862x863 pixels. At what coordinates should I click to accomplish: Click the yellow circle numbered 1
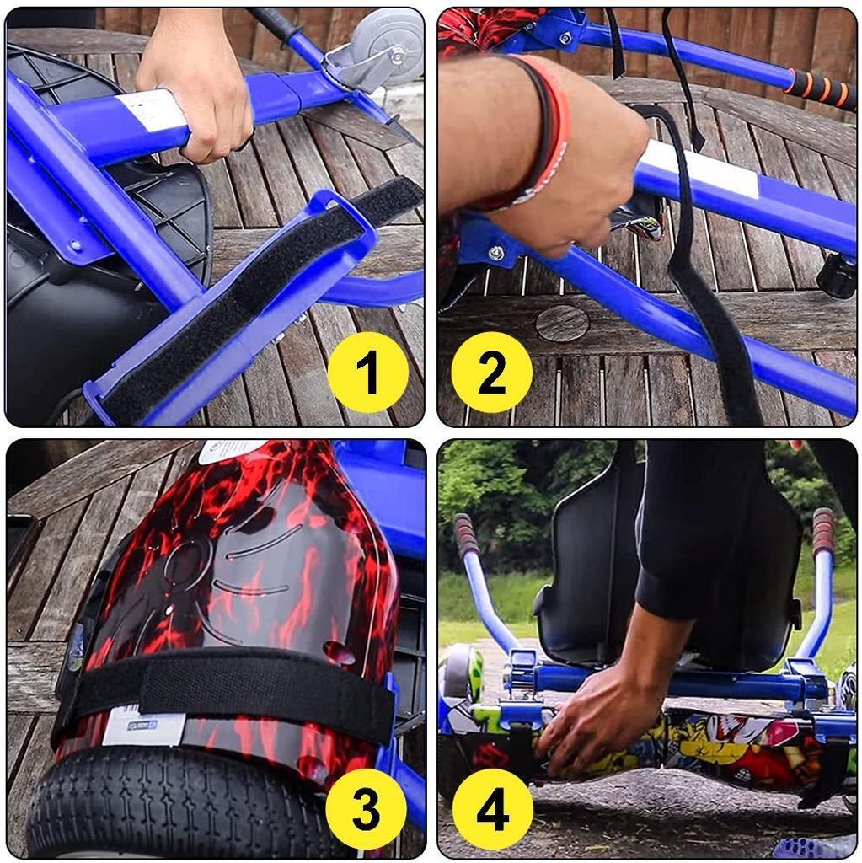[x=367, y=372]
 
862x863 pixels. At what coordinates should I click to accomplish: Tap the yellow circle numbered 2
[x=491, y=372]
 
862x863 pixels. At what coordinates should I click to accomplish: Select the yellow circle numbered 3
[x=367, y=808]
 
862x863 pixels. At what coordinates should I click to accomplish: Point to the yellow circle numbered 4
[x=493, y=809]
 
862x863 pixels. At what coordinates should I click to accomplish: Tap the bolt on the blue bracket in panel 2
[x=497, y=253]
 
